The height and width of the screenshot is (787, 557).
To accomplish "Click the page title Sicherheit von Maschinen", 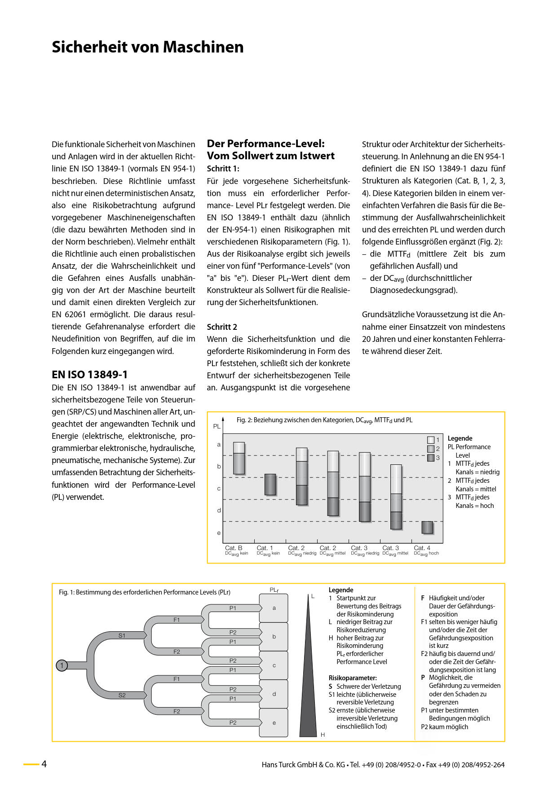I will [x=147, y=47].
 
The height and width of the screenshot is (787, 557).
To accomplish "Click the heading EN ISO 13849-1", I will [x=89, y=375].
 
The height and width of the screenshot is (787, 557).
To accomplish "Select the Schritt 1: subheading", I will [x=223, y=169].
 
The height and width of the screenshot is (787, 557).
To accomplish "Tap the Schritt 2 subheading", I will [x=222, y=327].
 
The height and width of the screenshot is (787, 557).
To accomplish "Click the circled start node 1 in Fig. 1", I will [x=62, y=665].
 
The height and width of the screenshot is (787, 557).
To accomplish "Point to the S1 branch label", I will [x=122, y=635].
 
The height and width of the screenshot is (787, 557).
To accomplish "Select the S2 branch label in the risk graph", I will [x=122, y=695].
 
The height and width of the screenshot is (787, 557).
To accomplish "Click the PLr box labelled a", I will [x=274, y=608].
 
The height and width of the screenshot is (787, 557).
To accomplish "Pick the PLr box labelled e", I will [x=274, y=723].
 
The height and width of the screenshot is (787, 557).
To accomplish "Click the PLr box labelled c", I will [x=274, y=665].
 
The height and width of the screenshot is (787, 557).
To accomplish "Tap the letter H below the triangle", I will [x=323, y=735].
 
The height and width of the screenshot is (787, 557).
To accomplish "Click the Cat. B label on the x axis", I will [x=234, y=548].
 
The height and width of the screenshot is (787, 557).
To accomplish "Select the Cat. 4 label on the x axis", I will [x=422, y=548].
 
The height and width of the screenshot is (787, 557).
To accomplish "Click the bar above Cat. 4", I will [x=427, y=528].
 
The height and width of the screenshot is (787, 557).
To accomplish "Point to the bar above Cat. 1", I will [x=270, y=485].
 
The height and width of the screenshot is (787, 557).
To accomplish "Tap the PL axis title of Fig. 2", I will [x=217, y=426].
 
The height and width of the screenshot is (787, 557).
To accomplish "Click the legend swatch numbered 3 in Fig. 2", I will [x=431, y=458].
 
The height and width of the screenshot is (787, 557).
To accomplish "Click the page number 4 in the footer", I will [x=44, y=764].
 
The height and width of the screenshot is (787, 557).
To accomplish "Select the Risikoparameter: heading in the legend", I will [x=353, y=678].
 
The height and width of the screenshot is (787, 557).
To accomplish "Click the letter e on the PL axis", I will [x=219, y=533].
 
